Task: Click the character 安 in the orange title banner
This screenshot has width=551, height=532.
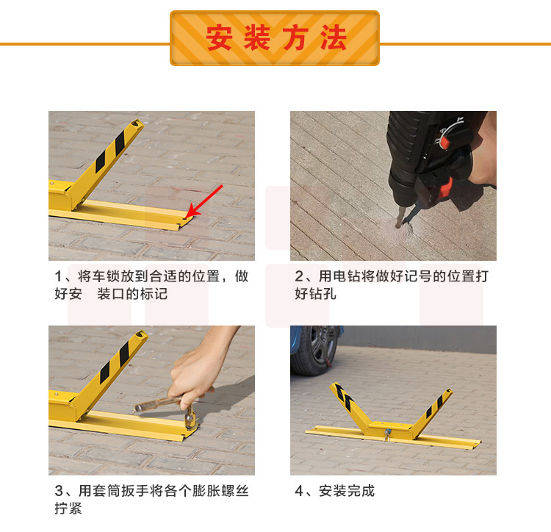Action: coord(219,37)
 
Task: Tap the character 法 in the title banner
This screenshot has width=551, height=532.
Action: coord(334,37)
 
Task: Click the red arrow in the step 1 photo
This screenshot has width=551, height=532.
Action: coord(204,201)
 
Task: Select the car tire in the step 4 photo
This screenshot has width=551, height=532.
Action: coord(314,351)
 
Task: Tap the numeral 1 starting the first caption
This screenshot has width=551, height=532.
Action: coord(58,276)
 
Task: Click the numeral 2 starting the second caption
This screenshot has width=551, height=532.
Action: coord(299,276)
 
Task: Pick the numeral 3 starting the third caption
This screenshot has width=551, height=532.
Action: coord(59,491)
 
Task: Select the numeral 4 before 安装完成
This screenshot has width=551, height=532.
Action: coord(299,491)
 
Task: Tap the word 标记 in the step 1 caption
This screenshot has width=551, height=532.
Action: coord(154,294)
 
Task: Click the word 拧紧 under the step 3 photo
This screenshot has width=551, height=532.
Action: coord(68,508)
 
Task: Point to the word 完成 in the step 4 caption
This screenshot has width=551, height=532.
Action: coord(361,491)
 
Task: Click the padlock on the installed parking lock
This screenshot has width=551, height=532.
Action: coord(387,434)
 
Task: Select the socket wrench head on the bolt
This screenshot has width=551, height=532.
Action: coord(190,419)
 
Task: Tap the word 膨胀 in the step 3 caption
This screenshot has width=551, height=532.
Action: coord(206,491)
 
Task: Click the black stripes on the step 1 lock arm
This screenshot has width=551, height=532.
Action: coord(110,152)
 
